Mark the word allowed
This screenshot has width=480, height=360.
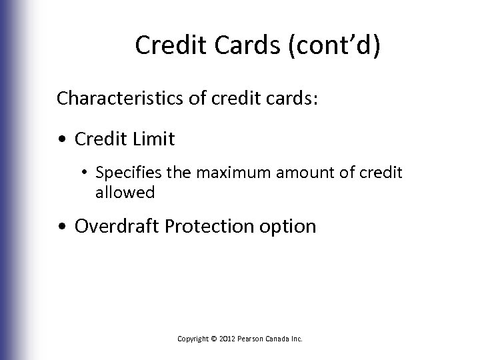(125, 193)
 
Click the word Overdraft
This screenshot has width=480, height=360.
(116, 226)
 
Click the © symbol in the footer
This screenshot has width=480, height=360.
(213, 339)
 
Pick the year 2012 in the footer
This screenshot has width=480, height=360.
(227, 339)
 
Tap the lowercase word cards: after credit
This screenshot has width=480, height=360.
(287, 99)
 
